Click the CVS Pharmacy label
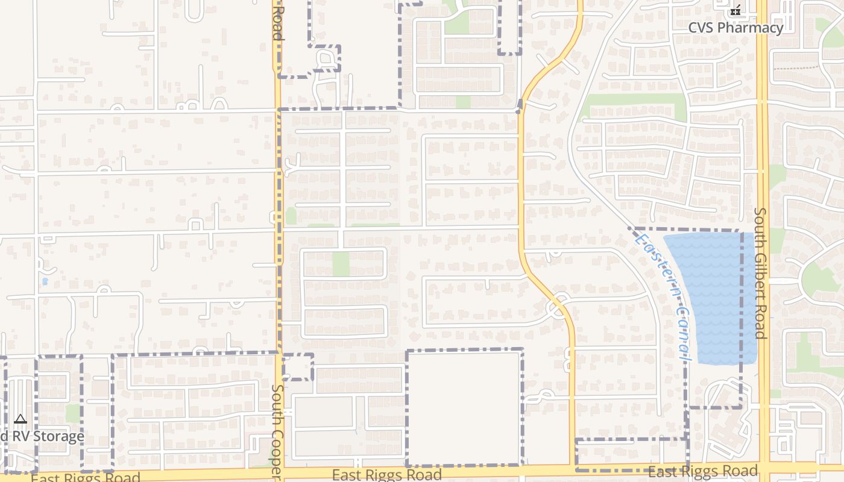point(735,28)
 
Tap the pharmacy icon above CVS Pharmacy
point(735,10)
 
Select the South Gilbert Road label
point(760,273)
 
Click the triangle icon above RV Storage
point(20,419)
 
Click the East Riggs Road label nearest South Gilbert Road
point(702,471)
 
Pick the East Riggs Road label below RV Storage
point(85,478)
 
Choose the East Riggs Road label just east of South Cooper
point(386,475)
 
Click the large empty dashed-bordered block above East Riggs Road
point(464,407)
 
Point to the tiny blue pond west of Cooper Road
point(45,281)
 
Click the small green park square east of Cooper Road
point(341,264)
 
